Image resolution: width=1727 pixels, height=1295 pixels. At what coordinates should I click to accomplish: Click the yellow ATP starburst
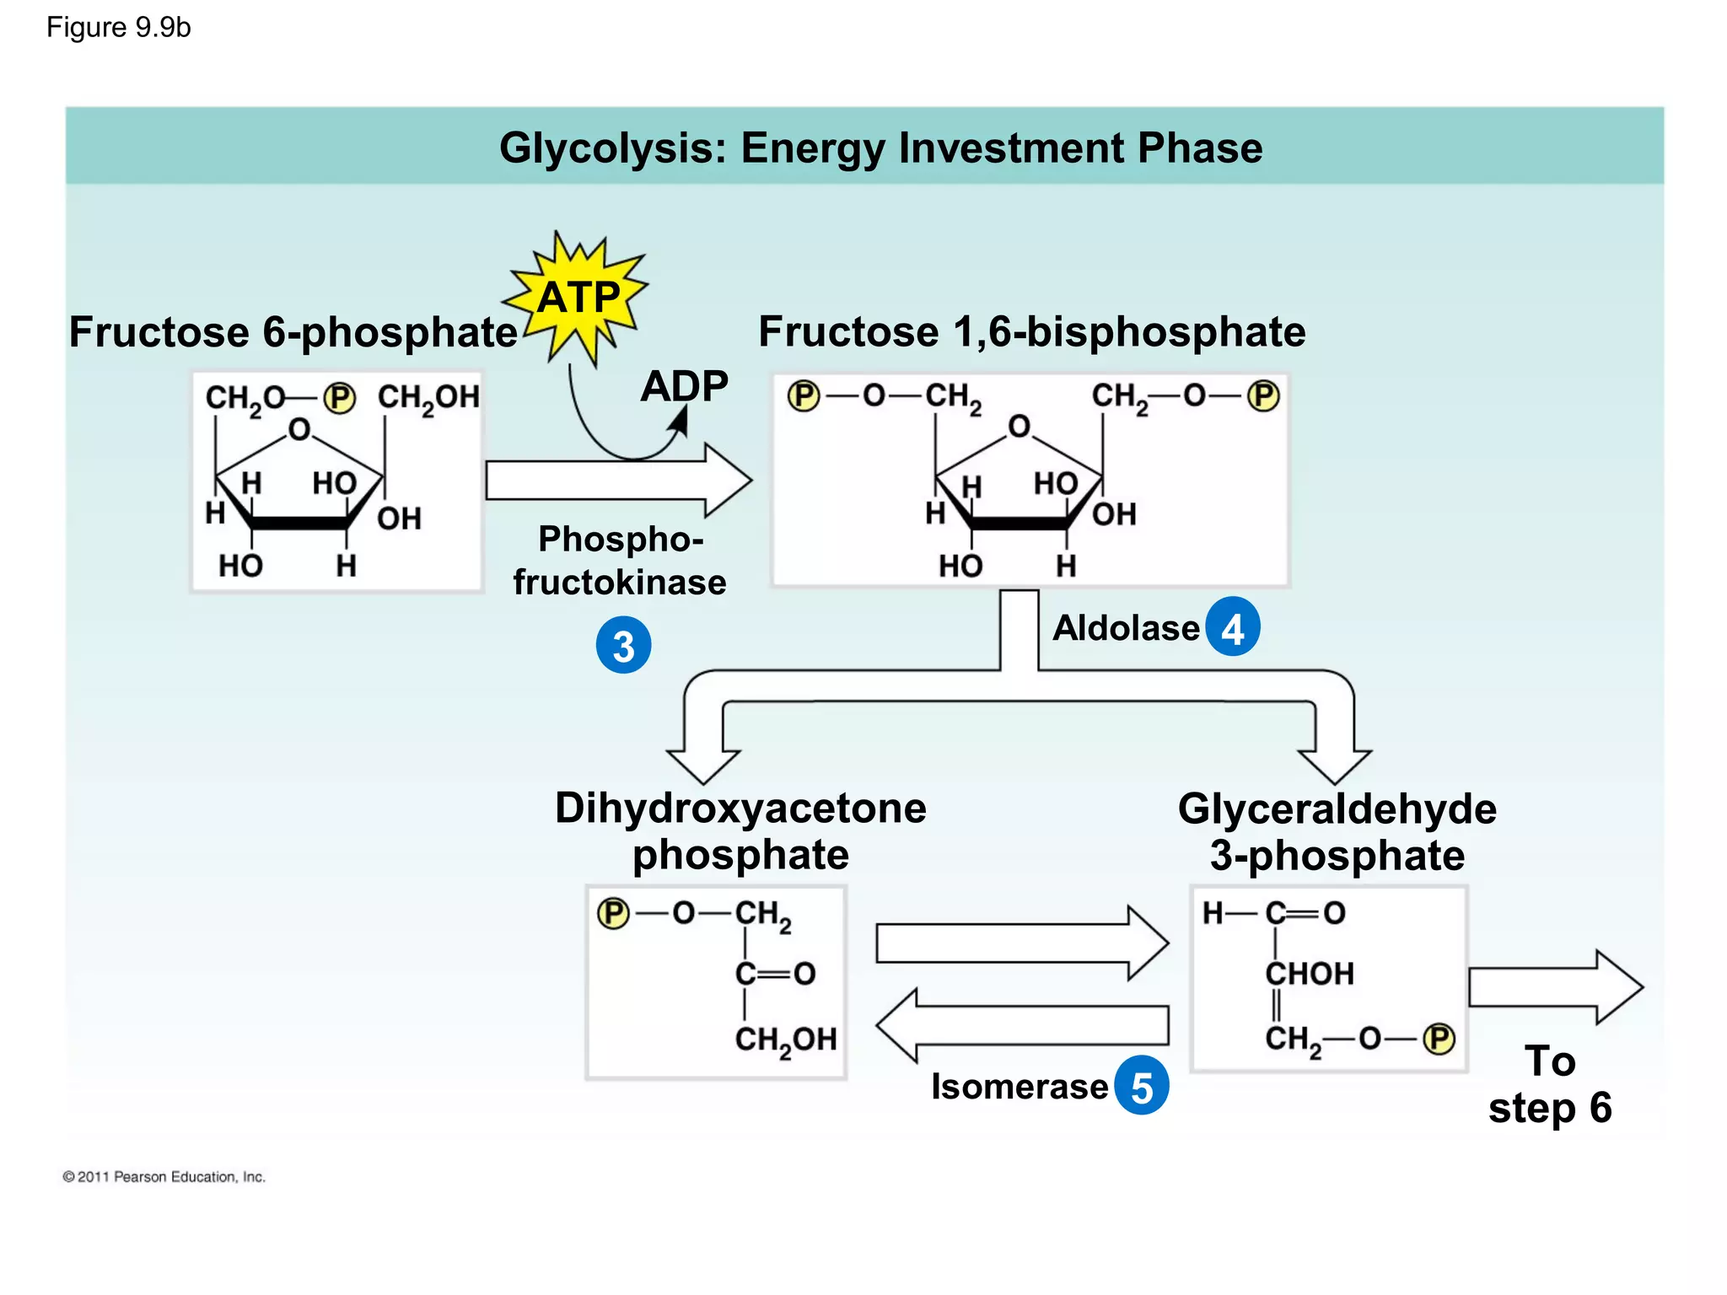pos(578,298)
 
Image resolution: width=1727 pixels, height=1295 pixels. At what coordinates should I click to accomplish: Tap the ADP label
pos(684,387)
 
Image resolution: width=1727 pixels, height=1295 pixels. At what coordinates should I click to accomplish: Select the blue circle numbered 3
pos(623,646)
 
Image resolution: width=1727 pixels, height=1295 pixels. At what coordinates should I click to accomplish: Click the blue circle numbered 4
pos(1232,627)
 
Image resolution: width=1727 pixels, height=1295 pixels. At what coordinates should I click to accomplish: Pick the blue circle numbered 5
pos(1141,1086)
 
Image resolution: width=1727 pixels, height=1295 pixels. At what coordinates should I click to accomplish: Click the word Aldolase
pos(1126,628)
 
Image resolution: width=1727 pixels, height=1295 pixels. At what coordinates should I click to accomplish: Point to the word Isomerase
pos(1019,1087)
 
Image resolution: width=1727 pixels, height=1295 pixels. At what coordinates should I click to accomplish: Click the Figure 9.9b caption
pos(119,28)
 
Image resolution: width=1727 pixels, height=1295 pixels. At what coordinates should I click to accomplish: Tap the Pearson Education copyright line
pos(164,1177)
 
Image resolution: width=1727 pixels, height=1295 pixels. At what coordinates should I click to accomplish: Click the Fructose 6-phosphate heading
pos(293,332)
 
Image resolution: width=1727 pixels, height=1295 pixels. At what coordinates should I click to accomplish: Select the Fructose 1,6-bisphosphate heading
pos(1031,332)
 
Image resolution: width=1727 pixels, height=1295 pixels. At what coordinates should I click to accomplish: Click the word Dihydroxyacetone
pos(740,809)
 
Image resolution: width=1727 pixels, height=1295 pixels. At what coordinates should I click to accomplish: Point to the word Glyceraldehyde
pos(1337,809)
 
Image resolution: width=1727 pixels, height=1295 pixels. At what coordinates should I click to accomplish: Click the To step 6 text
pos(1550,1084)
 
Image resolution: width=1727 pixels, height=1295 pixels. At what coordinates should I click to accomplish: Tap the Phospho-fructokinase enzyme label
pos(620,561)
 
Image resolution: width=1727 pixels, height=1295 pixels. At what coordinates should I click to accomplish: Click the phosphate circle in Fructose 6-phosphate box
pos(340,397)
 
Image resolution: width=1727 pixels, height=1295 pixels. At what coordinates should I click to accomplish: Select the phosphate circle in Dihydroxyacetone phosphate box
pos(613,913)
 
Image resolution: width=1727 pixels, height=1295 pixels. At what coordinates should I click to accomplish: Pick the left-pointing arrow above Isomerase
pos(1022,1025)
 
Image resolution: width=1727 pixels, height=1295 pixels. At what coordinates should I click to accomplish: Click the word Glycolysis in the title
pos(611,148)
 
